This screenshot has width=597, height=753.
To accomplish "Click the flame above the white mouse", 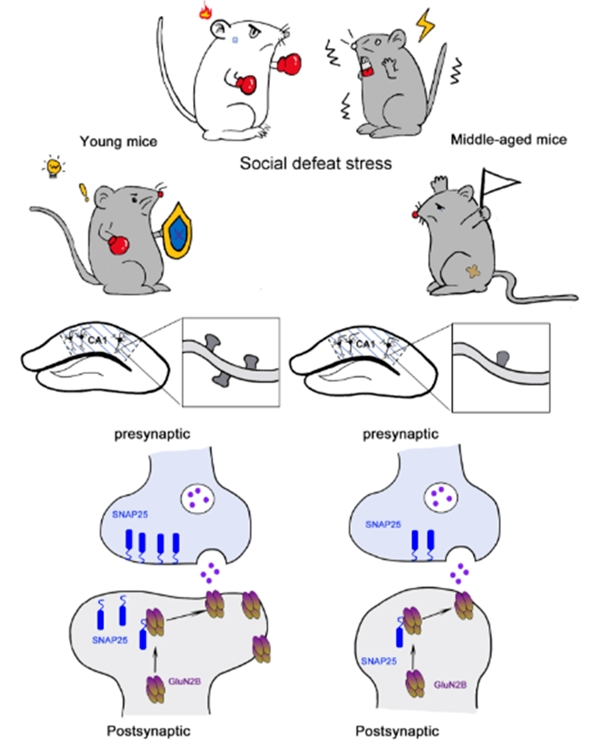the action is click(x=206, y=11).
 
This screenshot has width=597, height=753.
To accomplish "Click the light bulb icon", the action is click(x=53, y=167).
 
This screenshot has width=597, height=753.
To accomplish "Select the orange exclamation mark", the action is click(x=84, y=192).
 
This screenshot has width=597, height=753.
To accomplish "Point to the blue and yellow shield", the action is click(x=178, y=232).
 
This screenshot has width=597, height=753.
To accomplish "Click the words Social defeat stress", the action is click(x=316, y=163).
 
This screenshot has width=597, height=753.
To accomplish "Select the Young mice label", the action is click(x=119, y=141).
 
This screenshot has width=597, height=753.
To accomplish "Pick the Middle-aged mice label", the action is click(x=509, y=139).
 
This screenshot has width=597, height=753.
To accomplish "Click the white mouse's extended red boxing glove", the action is click(x=289, y=64).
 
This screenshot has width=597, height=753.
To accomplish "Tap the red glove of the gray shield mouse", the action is click(x=118, y=244).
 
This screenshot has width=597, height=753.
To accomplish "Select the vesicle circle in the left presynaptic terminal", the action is click(x=197, y=499).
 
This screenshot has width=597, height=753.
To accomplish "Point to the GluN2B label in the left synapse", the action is click(x=184, y=681).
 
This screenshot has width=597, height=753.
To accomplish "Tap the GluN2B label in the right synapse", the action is click(x=450, y=685).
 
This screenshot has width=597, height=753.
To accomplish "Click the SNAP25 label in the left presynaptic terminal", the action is click(x=129, y=515).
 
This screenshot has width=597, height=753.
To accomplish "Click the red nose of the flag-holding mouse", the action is click(x=415, y=214).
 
